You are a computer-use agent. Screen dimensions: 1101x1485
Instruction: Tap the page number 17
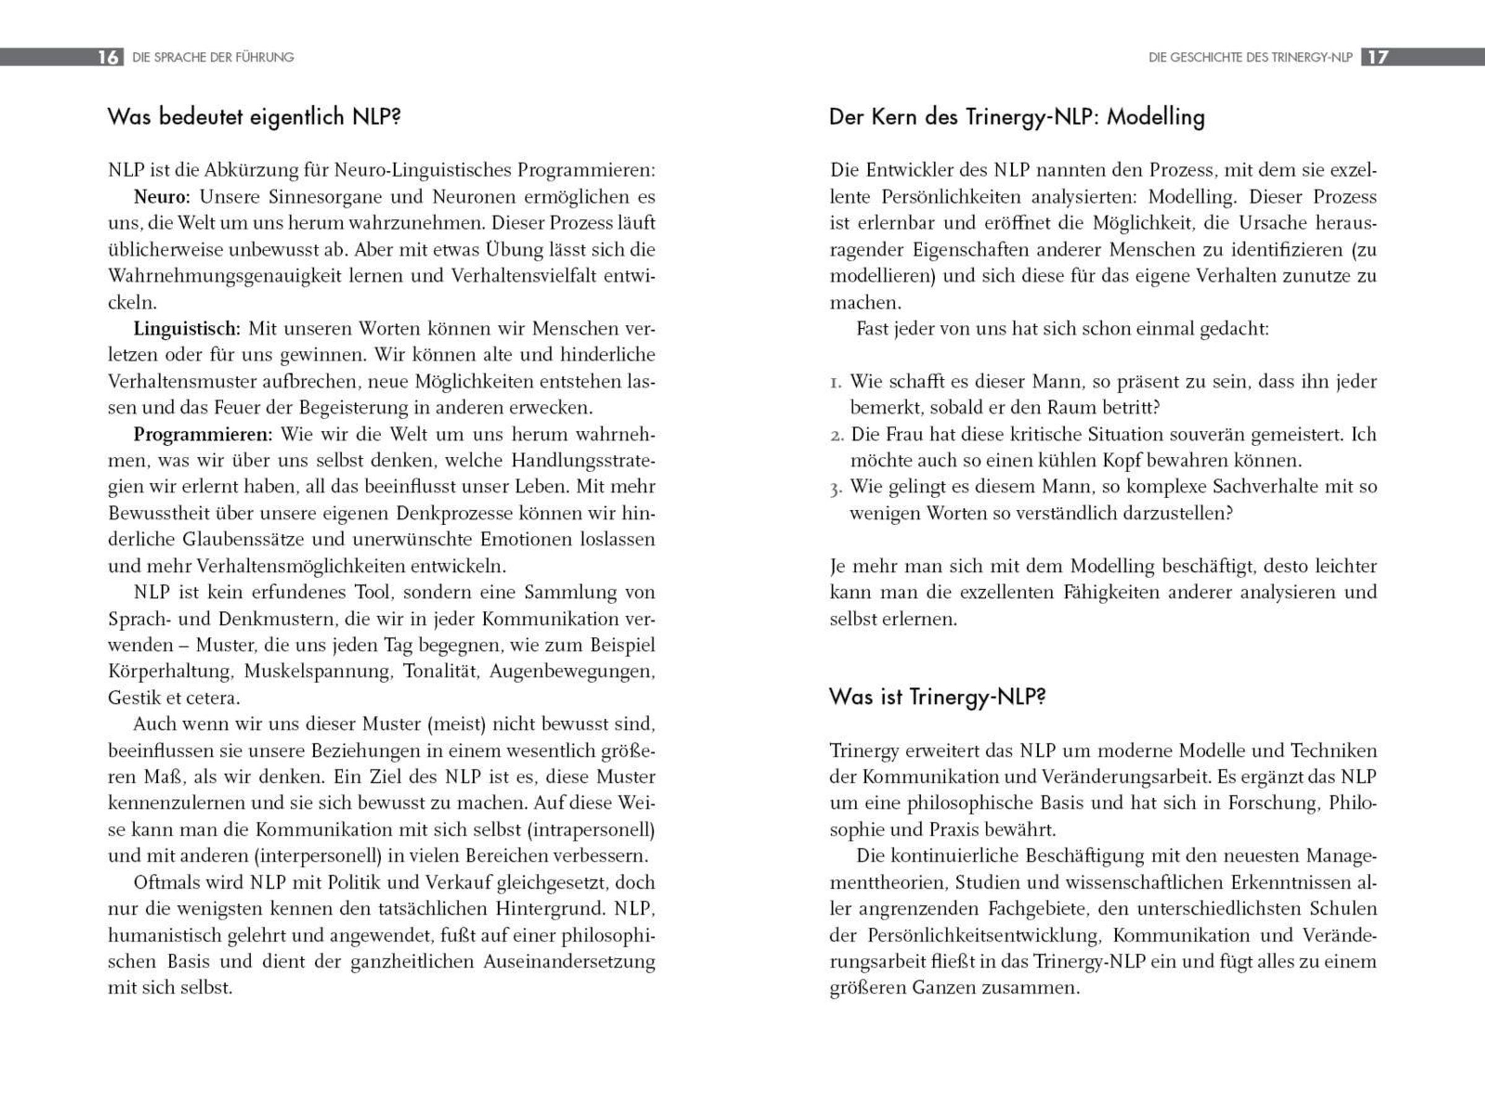1377,58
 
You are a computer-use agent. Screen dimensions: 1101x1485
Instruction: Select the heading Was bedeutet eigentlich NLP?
254,116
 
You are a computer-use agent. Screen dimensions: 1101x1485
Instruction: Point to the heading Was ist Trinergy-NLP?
937,696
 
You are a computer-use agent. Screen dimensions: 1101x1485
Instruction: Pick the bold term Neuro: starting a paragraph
162,197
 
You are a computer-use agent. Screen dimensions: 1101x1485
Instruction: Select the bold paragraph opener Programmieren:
202,434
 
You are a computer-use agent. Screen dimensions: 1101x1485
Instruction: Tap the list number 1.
835,382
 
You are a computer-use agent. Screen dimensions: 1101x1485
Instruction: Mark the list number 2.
837,435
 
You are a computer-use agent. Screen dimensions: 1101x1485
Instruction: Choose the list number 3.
836,488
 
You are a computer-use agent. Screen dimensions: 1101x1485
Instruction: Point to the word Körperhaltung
170,671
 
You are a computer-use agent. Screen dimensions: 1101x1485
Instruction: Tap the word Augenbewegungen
572,671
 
